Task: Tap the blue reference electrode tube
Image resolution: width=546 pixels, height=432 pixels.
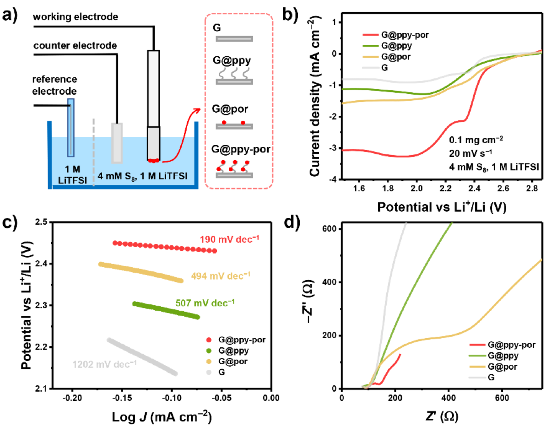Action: pos(71,127)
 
